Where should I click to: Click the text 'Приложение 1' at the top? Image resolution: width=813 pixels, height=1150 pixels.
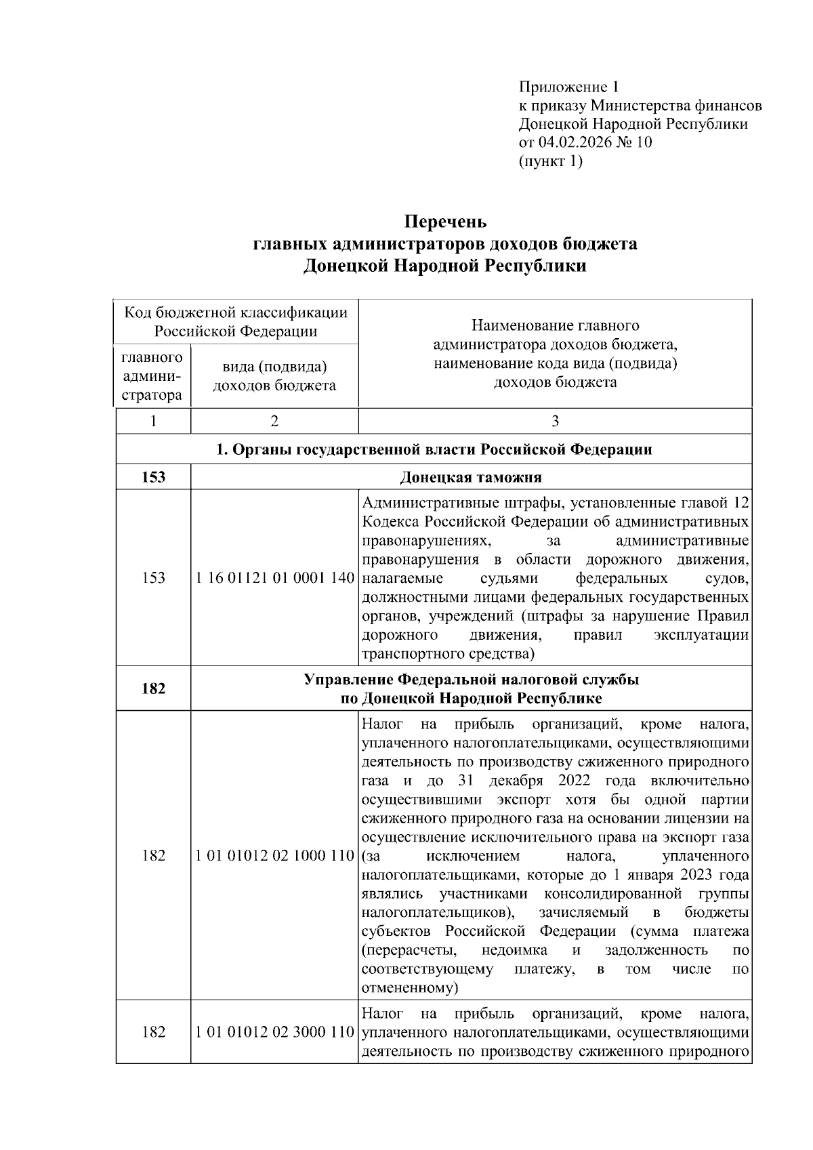click(569, 87)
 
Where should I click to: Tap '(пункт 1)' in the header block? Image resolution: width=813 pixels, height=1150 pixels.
click(550, 161)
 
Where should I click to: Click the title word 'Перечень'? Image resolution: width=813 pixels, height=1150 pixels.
click(445, 222)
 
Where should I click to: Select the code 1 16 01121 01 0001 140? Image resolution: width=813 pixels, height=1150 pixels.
click(274, 579)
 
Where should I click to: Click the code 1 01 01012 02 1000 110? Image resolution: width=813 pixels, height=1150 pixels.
click(274, 855)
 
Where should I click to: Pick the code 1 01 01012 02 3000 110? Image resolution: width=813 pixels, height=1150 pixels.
click(274, 1033)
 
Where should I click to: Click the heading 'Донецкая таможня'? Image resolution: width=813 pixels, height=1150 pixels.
click(471, 477)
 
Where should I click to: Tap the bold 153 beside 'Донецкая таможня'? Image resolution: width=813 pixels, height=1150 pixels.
click(154, 477)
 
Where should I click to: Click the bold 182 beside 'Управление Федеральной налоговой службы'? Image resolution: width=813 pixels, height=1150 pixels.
click(154, 689)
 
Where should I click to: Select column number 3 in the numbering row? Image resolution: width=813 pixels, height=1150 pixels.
click(555, 421)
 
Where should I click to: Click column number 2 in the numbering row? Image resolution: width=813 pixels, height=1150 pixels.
click(274, 421)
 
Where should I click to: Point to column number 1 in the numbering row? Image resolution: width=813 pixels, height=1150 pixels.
click(154, 421)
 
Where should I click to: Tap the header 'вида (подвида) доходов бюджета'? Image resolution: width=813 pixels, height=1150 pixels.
click(274, 376)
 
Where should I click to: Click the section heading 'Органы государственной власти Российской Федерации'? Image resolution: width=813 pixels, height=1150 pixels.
click(434, 449)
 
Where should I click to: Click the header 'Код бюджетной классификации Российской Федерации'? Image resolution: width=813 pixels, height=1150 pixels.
click(236, 321)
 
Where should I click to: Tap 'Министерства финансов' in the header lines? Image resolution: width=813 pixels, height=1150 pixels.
click(676, 106)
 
